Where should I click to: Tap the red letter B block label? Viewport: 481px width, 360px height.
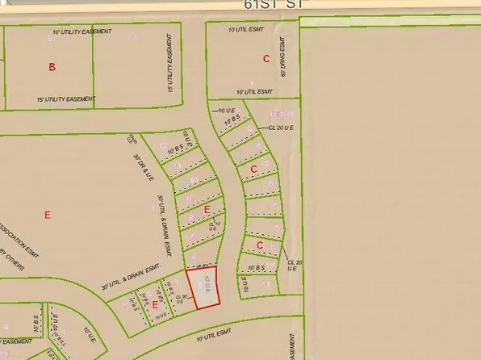52,67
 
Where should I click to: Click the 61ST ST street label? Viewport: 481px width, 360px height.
270,5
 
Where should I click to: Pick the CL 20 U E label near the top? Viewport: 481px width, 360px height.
282,127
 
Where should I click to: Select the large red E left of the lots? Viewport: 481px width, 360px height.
47,215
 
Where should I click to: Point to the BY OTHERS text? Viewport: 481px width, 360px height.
13,265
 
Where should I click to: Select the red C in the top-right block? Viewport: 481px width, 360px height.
266,58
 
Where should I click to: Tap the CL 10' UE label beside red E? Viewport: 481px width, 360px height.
213,225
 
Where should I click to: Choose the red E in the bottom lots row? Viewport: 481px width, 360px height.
155,304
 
